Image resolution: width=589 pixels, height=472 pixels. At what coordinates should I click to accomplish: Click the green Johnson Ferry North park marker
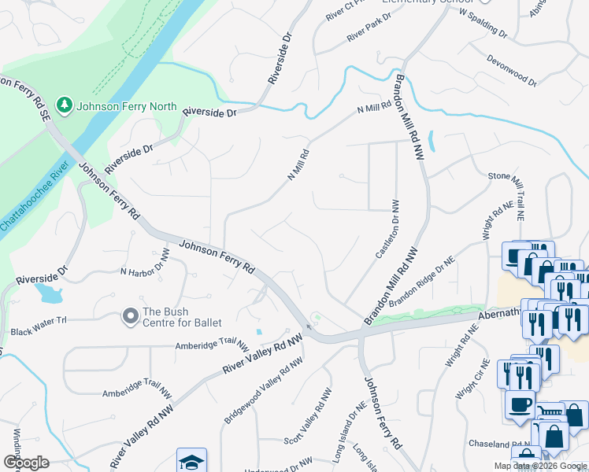(x=64, y=105)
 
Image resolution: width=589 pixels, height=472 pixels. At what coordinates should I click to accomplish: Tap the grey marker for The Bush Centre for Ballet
(x=130, y=316)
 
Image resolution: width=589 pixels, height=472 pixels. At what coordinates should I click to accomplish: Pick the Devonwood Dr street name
(x=511, y=70)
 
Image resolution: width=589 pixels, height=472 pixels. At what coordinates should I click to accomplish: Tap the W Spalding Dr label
(x=482, y=24)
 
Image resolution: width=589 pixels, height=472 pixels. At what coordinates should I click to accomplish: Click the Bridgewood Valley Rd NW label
(x=263, y=391)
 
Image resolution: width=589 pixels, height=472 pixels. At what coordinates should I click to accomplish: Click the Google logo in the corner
(x=26, y=462)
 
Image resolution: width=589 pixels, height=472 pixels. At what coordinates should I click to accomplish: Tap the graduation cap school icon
(x=191, y=462)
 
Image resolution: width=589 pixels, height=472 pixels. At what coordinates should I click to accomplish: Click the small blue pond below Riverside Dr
(x=48, y=294)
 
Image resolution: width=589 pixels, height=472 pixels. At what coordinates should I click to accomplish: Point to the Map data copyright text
(x=540, y=466)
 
